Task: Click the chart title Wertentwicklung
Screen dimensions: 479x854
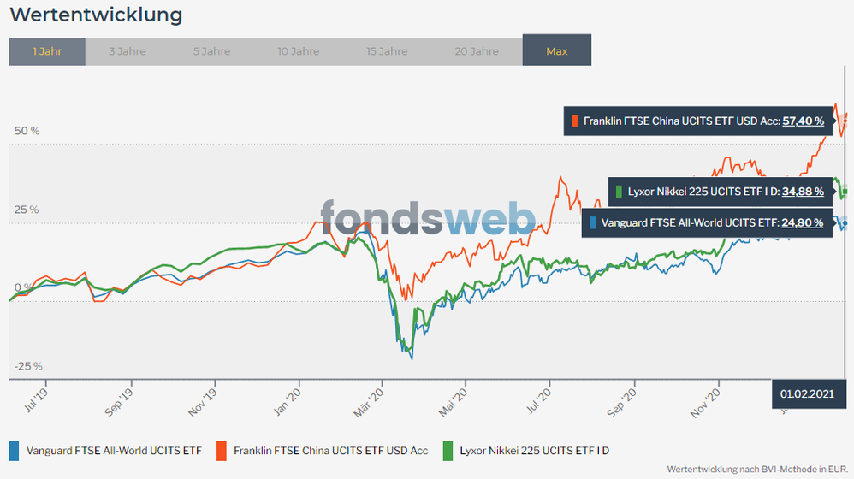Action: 96,15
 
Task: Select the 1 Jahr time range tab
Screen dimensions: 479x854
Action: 47,51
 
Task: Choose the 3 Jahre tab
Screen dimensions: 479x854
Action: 128,51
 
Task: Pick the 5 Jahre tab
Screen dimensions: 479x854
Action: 211,51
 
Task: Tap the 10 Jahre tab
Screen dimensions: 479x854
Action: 298,51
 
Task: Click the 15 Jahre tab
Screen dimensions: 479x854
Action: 387,51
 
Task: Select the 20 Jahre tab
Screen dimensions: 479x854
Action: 477,51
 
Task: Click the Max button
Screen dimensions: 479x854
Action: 556,51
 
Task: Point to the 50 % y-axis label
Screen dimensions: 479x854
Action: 26,131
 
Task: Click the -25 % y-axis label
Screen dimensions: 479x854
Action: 27,366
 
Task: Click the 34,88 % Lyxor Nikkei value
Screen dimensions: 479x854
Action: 803,192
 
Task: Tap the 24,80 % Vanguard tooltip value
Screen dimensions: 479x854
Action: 803,223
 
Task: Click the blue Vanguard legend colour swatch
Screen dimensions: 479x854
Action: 14,450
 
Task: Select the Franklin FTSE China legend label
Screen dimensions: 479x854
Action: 330,450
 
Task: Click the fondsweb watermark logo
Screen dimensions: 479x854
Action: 428,218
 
